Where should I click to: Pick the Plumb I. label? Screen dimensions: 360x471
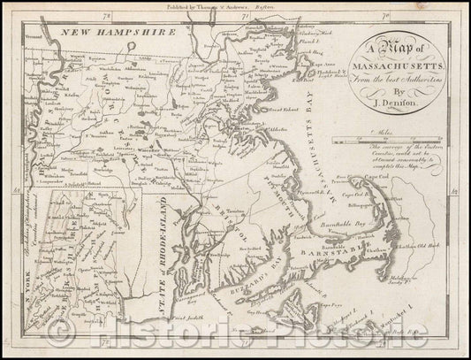[x=309, y=41]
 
